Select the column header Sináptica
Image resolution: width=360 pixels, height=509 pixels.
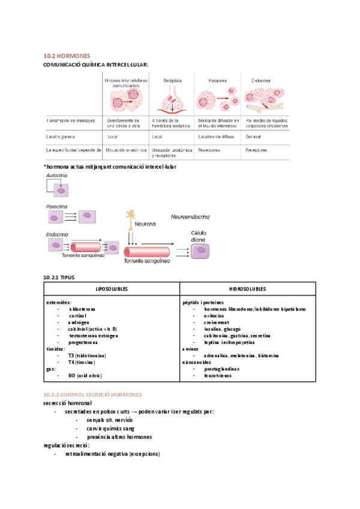pyautogui.click(x=173, y=80)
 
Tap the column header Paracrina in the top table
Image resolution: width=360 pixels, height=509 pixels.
pyautogui.click(x=217, y=80)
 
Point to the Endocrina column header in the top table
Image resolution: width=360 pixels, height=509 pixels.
pyautogui.click(x=260, y=80)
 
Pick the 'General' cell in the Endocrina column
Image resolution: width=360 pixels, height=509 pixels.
pyautogui.click(x=254, y=137)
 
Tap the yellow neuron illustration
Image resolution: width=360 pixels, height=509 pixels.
pyautogui.click(x=132, y=220)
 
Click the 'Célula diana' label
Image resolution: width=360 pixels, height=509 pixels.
pyautogui.click(x=199, y=236)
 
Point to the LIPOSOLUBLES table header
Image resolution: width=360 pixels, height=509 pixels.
pyautogui.click(x=112, y=289)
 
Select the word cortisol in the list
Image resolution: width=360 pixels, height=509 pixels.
pyautogui.click(x=78, y=316)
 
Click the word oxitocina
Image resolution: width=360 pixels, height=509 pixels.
pyautogui.click(x=214, y=316)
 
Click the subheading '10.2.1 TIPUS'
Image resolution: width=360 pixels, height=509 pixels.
pyautogui.click(x=60, y=277)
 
